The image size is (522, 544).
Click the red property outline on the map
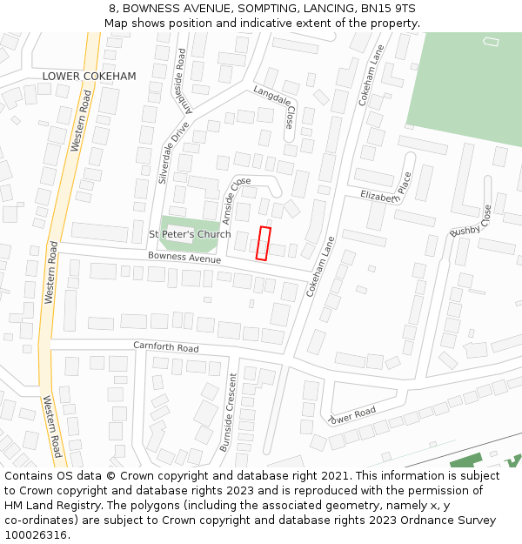point(264,243)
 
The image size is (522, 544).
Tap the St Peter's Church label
point(190,234)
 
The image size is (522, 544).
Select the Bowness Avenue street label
point(184,258)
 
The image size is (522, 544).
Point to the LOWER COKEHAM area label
point(90,77)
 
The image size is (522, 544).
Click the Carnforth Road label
point(165,347)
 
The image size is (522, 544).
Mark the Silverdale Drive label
point(173,151)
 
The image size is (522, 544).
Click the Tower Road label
point(352,415)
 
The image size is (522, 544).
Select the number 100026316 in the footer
point(35,535)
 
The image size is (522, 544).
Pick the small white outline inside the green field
point(491,41)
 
